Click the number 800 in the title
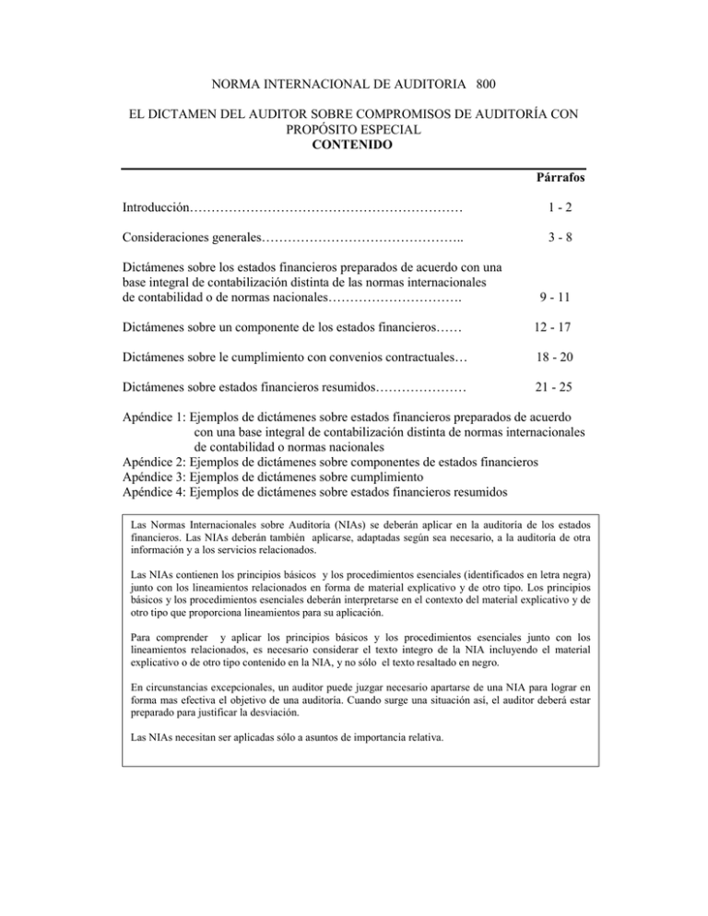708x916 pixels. pyautogui.click(x=488, y=85)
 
